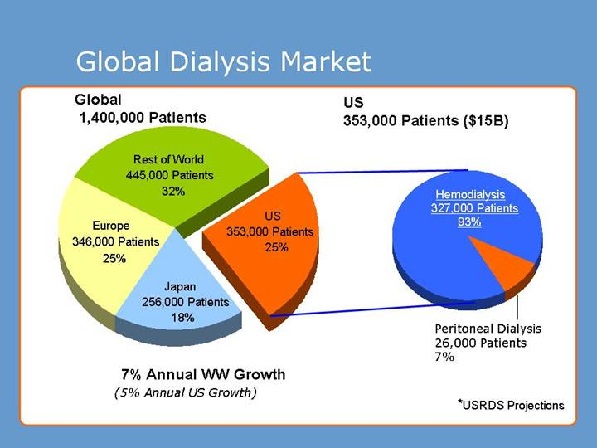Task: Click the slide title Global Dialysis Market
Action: pyautogui.click(x=223, y=61)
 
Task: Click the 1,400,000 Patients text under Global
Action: pyautogui.click(x=143, y=118)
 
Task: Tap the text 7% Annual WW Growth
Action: pyautogui.click(x=203, y=374)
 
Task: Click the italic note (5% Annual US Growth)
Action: pyautogui.click(x=185, y=392)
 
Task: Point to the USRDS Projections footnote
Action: pyautogui.click(x=511, y=405)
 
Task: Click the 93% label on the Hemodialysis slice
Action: pyautogui.click(x=469, y=222)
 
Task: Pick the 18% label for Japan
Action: pyautogui.click(x=182, y=317)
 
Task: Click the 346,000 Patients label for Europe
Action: pyautogui.click(x=115, y=241)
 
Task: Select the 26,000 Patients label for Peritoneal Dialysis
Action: pyautogui.click(x=481, y=342)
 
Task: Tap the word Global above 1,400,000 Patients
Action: pyautogui.click(x=98, y=100)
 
